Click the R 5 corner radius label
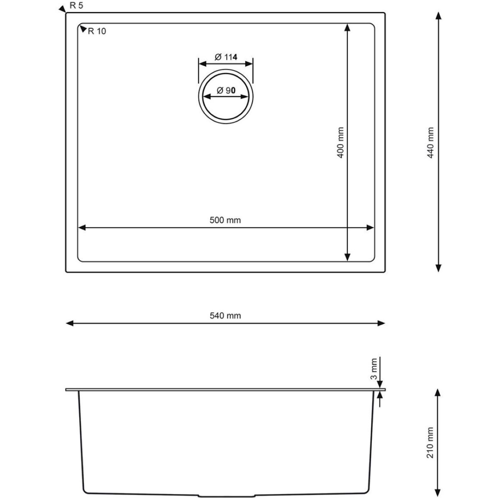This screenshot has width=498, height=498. coord(76,5)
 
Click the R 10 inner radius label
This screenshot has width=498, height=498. coord(97,31)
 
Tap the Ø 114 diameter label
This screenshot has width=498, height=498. coord(226,57)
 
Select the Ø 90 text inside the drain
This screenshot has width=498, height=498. coord(226,90)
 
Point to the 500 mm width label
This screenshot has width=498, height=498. coord(225,220)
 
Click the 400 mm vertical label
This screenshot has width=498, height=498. coord(341,142)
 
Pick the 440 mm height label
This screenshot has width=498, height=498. coord(430,143)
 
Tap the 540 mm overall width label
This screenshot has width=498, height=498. coord(225,315)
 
